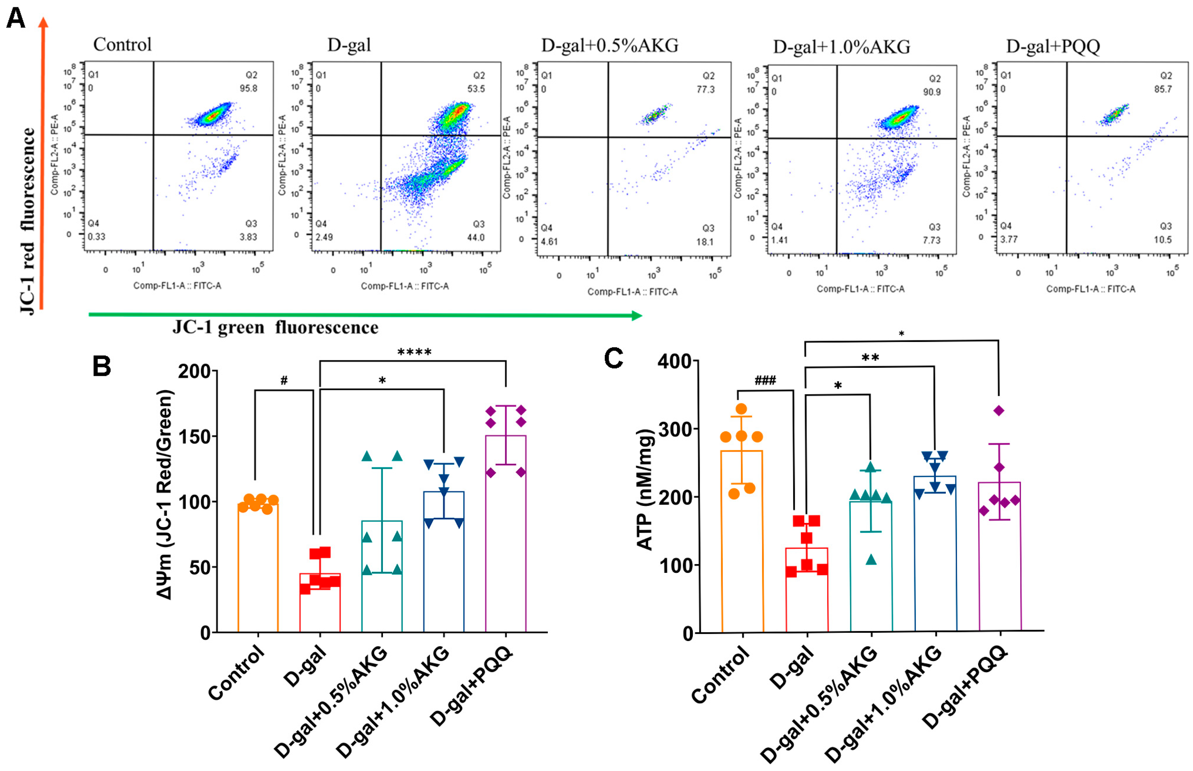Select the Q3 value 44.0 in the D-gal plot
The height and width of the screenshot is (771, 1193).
476,237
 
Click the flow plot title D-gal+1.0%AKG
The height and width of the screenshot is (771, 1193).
841,47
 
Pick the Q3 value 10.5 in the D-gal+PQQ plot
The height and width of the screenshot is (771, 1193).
1163,239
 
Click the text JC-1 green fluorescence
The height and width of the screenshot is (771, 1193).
275,327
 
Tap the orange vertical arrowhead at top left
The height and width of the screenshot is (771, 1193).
43,23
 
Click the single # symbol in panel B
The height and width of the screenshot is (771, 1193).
284,381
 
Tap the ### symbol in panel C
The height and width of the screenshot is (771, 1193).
765,381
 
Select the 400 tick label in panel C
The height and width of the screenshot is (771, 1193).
674,362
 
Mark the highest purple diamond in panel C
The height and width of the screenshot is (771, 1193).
998,411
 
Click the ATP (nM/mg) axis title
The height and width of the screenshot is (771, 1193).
645,490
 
